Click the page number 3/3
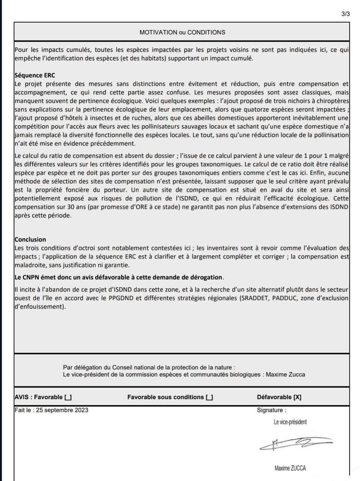pos(346,14)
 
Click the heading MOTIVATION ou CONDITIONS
pos(182,32)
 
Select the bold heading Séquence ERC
pos(34,75)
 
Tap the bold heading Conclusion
pos(30,240)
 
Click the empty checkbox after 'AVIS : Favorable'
pos(68,397)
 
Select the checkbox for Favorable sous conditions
pos(209,397)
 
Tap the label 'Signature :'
pos(272,410)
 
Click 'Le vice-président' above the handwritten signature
pos(290,422)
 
